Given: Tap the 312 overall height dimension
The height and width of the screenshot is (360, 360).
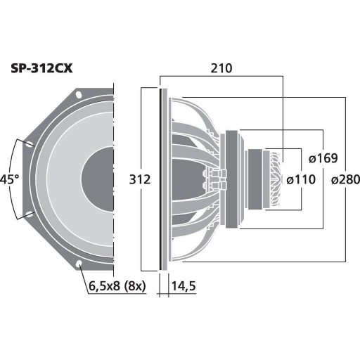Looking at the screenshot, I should point(141,180).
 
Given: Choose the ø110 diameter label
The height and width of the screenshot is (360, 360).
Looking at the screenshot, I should point(300,180).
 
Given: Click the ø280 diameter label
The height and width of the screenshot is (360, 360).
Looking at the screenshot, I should point(345,180).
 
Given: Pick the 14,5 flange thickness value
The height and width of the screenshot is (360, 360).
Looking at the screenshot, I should point(185,286).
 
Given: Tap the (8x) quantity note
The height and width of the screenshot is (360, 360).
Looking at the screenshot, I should point(134,286).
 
